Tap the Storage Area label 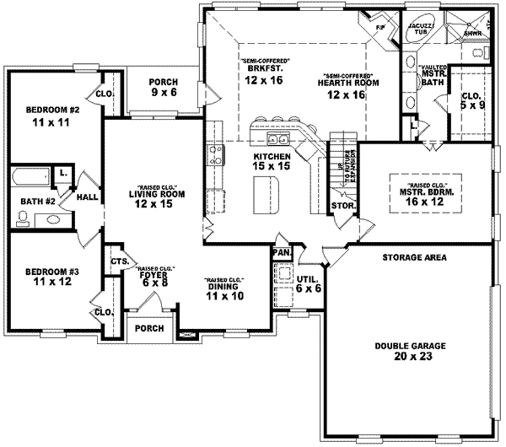pos(414,256)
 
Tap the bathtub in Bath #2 pos(31,178)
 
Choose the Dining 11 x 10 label pos(224,292)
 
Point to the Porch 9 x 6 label pos(163,87)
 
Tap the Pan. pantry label pos(280,252)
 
